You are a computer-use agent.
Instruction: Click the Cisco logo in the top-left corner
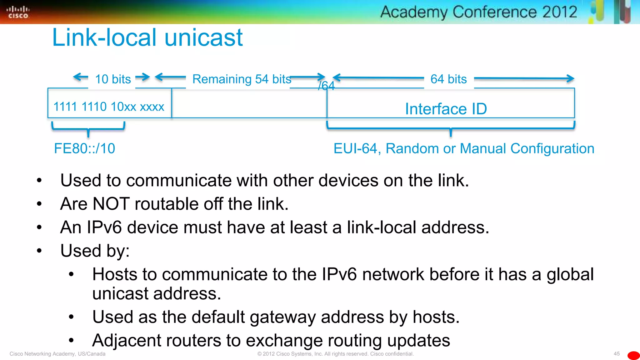click(18, 12)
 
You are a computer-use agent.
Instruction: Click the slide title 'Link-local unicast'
click(147, 37)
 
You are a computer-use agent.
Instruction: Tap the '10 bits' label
click(113, 79)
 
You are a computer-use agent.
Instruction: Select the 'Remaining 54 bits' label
click(242, 79)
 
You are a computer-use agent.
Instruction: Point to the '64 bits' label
click(448, 79)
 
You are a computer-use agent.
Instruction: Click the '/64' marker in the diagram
click(326, 86)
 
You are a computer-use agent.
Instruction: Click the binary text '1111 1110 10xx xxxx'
click(109, 107)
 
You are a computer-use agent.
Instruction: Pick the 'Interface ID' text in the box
click(446, 109)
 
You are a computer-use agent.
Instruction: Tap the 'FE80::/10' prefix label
click(85, 148)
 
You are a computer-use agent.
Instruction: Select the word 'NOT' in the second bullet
click(111, 204)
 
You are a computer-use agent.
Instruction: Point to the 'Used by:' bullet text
click(95, 251)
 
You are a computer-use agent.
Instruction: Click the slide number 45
click(617, 354)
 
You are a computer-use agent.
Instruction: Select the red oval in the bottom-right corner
click(633, 356)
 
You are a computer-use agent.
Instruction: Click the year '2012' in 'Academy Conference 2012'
click(559, 12)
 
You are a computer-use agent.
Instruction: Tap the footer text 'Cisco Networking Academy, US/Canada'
click(57, 354)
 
